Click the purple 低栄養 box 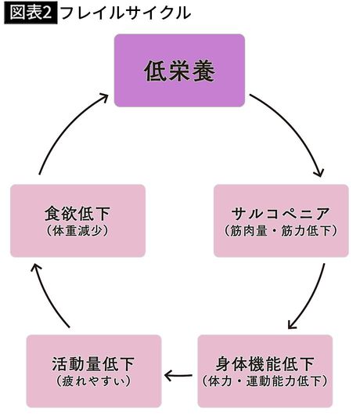pyautogui.click(x=179, y=70)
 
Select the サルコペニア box pyautogui.click(x=281, y=221)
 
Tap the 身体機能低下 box pyautogui.click(x=265, y=371)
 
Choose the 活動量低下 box pyautogui.click(x=94, y=371)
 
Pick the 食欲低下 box pyautogui.click(x=77, y=221)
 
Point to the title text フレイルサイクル pyautogui.click(x=125, y=13)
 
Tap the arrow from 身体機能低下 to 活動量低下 pyautogui.click(x=179, y=374)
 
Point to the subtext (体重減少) pyautogui.click(x=77, y=231)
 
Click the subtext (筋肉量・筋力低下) pyautogui.click(x=281, y=231)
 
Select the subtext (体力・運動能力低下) pyautogui.click(x=265, y=382)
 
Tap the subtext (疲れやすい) pyautogui.click(x=94, y=382)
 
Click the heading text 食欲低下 pyautogui.click(x=77, y=213)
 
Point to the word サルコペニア pyautogui.click(x=281, y=213)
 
